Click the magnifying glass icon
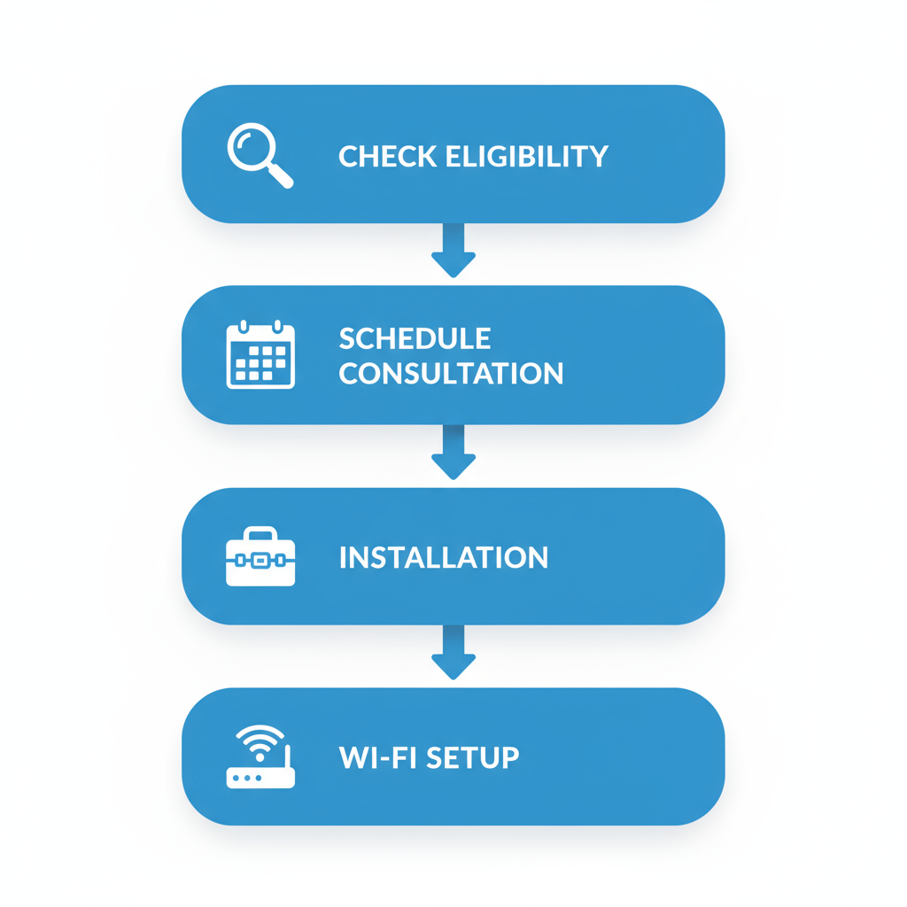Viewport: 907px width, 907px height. click(x=258, y=154)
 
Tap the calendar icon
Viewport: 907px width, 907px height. click(x=260, y=355)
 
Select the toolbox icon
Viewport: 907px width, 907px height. click(x=260, y=557)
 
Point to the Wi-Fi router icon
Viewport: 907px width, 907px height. click(x=260, y=759)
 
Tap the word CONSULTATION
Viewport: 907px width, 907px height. click(x=451, y=374)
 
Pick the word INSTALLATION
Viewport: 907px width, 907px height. click(x=444, y=558)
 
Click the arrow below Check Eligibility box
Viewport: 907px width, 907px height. click(x=453, y=252)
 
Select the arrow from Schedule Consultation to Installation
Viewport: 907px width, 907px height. click(x=453, y=453)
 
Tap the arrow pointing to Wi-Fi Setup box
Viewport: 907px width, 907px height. click(x=453, y=654)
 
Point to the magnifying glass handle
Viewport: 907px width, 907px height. click(x=281, y=176)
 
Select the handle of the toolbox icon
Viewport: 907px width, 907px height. click(x=260, y=534)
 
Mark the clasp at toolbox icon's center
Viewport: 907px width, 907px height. click(x=260, y=561)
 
